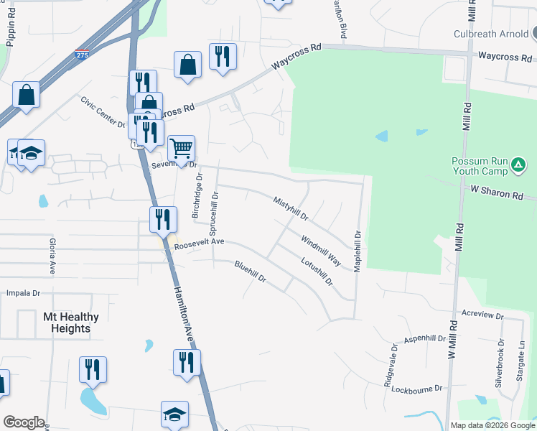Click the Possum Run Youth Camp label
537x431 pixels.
pyautogui.click(x=479, y=167)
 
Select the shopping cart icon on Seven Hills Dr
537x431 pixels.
pyautogui.click(x=182, y=148)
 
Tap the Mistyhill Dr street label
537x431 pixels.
pyautogui.click(x=291, y=208)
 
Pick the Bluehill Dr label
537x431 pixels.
pyautogui.click(x=251, y=272)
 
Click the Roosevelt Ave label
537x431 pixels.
pyautogui.click(x=200, y=246)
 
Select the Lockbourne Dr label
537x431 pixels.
pyautogui.click(x=418, y=389)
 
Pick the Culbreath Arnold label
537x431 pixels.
pyautogui.click(x=490, y=34)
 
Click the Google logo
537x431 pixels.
pyautogui.click(x=24, y=422)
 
